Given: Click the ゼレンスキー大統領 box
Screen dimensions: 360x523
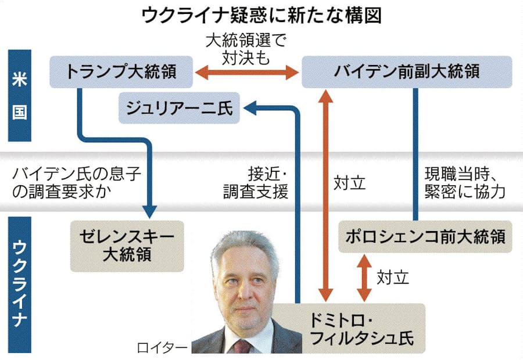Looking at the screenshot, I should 127,246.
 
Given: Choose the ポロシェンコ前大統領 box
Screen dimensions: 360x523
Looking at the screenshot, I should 425,236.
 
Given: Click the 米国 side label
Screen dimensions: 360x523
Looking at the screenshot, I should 19,96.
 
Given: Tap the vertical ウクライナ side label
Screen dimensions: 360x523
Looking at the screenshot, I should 19,285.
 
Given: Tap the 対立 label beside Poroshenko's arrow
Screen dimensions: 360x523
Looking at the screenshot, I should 392,277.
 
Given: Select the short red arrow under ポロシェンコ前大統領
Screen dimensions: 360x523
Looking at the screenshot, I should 364,277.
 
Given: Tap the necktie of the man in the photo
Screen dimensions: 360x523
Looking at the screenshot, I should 240,347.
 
